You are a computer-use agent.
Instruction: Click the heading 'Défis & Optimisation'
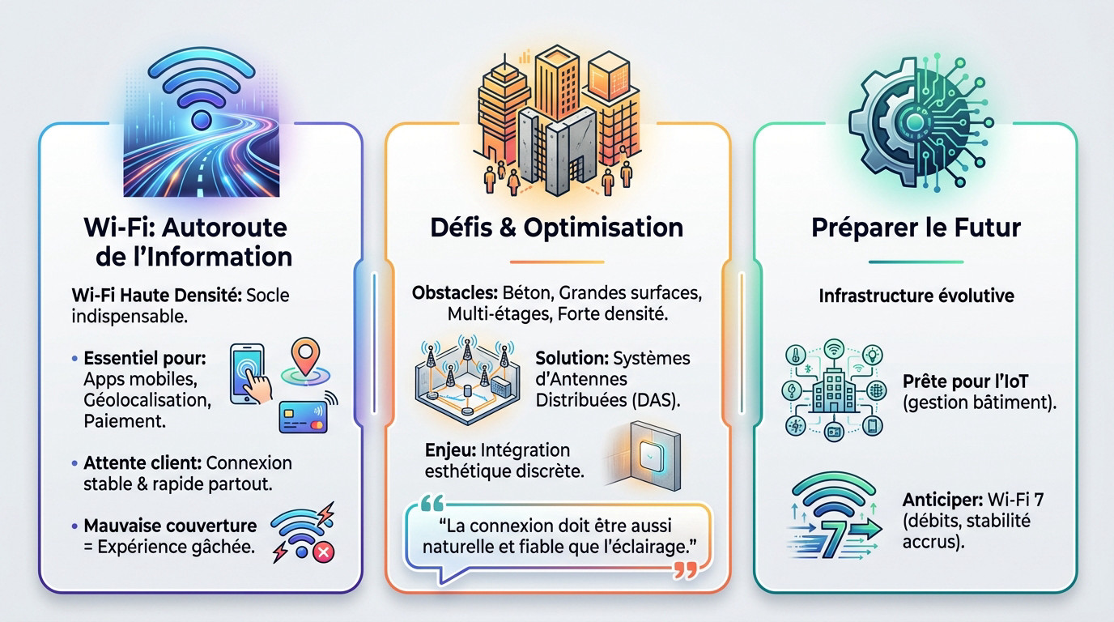[556, 227]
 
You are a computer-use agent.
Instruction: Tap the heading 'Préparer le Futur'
[916, 227]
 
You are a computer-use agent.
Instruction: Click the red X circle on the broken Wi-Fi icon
[322, 552]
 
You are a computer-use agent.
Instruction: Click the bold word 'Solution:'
[572, 357]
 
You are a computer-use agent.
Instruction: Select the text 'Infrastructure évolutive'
[916, 296]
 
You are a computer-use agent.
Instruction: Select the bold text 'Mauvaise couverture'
[170, 526]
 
